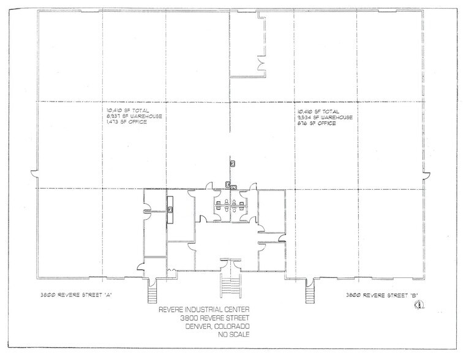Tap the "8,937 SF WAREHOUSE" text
131,116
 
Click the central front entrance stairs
229,285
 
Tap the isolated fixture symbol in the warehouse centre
233,163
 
